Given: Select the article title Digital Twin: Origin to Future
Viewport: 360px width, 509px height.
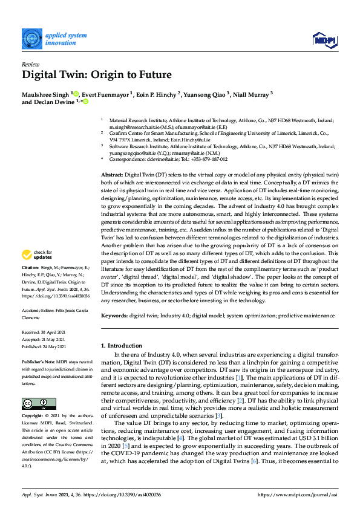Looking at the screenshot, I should point(97,76).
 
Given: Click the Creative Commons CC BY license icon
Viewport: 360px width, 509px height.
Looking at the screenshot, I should point(39,404).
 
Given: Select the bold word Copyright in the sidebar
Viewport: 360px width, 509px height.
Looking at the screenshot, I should point(33,417).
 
